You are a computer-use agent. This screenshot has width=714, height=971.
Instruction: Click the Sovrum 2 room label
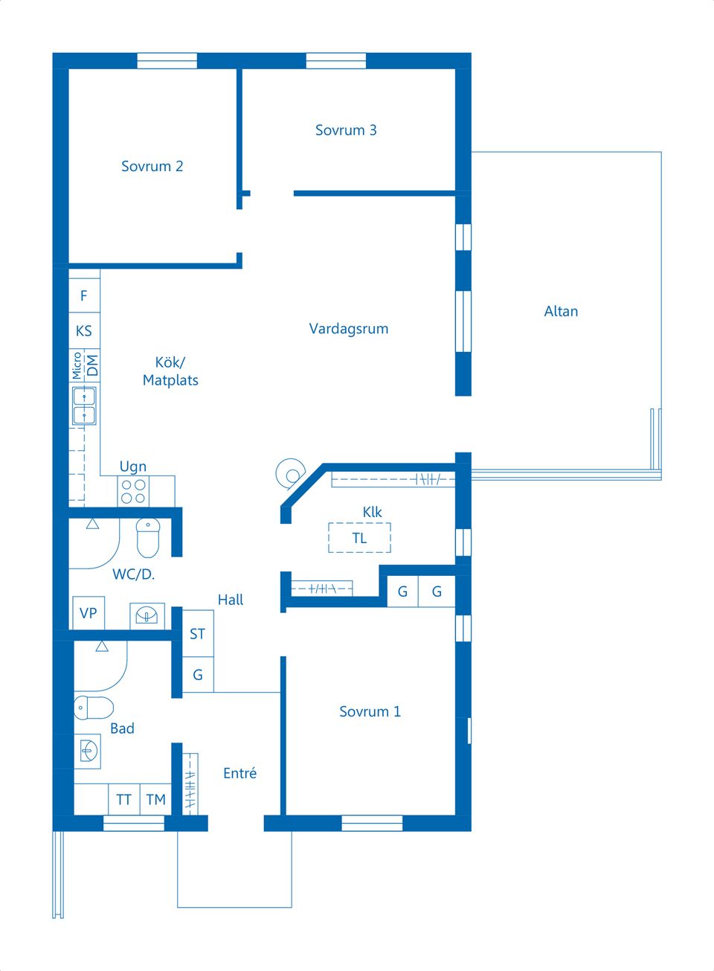pyautogui.click(x=152, y=166)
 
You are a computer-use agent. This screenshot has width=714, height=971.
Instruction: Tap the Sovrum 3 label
pyautogui.click(x=346, y=130)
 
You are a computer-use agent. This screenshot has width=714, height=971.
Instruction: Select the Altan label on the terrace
pyautogui.click(x=561, y=311)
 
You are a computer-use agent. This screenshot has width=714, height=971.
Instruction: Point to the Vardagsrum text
pyautogui.click(x=348, y=329)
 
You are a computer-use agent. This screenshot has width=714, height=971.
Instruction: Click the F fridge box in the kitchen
pyautogui.click(x=85, y=295)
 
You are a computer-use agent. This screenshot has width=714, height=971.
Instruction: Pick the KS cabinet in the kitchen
pyautogui.click(x=85, y=331)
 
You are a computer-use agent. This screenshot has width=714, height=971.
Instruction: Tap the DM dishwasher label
pyautogui.click(x=93, y=365)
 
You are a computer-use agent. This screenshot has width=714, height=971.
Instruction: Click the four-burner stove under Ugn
pyautogui.click(x=133, y=492)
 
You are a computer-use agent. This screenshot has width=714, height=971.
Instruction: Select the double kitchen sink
pyautogui.click(x=84, y=406)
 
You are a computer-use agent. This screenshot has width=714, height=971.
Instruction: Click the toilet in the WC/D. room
pyautogui.click(x=148, y=537)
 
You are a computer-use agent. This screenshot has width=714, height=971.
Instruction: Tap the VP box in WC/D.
pyautogui.click(x=89, y=612)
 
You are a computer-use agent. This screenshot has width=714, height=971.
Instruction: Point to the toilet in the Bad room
pyautogui.click(x=94, y=708)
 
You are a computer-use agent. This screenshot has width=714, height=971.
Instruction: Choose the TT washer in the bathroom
pyautogui.click(x=124, y=799)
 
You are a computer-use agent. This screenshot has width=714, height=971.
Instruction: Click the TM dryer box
pyautogui.click(x=155, y=799)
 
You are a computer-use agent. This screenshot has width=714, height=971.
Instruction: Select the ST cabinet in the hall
pyautogui.click(x=198, y=634)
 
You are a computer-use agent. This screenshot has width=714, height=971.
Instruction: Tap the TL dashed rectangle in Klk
pyautogui.click(x=359, y=537)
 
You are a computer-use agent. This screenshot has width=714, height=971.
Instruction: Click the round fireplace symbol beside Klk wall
pyautogui.click(x=290, y=474)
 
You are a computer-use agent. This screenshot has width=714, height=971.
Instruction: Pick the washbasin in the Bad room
pyautogui.click(x=88, y=752)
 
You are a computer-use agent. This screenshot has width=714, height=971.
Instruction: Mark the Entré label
pyautogui.click(x=240, y=773)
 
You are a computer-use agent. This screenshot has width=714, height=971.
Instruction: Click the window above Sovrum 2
pyautogui.click(x=167, y=61)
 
